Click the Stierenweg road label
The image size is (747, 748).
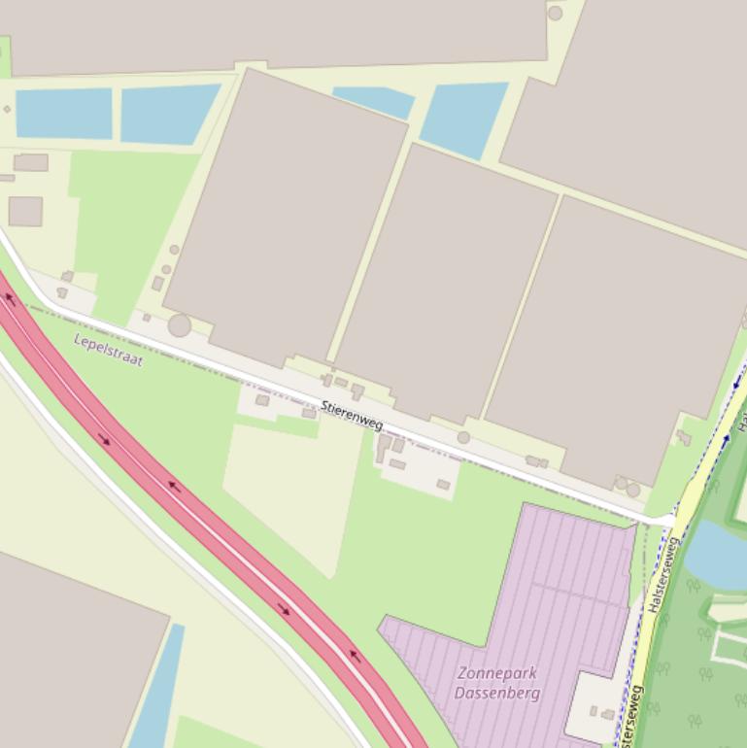pos(352,416)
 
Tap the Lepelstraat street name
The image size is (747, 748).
pos(109,350)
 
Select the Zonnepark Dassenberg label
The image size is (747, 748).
pos(496,682)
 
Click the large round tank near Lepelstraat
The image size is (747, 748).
pos(180,324)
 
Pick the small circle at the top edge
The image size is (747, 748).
pos(555,14)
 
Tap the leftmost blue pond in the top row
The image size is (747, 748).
pos(64,113)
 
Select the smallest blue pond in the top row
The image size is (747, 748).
pos(374,100)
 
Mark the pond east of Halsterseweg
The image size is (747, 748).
pos(719,554)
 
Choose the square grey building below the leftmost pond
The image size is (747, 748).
pos(25,211)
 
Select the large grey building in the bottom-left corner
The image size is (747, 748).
pos(68,661)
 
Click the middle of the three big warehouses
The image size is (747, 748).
pos(447,282)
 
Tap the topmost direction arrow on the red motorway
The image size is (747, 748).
pos(11,299)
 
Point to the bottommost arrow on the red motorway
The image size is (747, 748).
pos(355,657)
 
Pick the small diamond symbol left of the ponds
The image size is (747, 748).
pos(8,109)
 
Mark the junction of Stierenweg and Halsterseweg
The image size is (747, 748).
pos(672,523)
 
